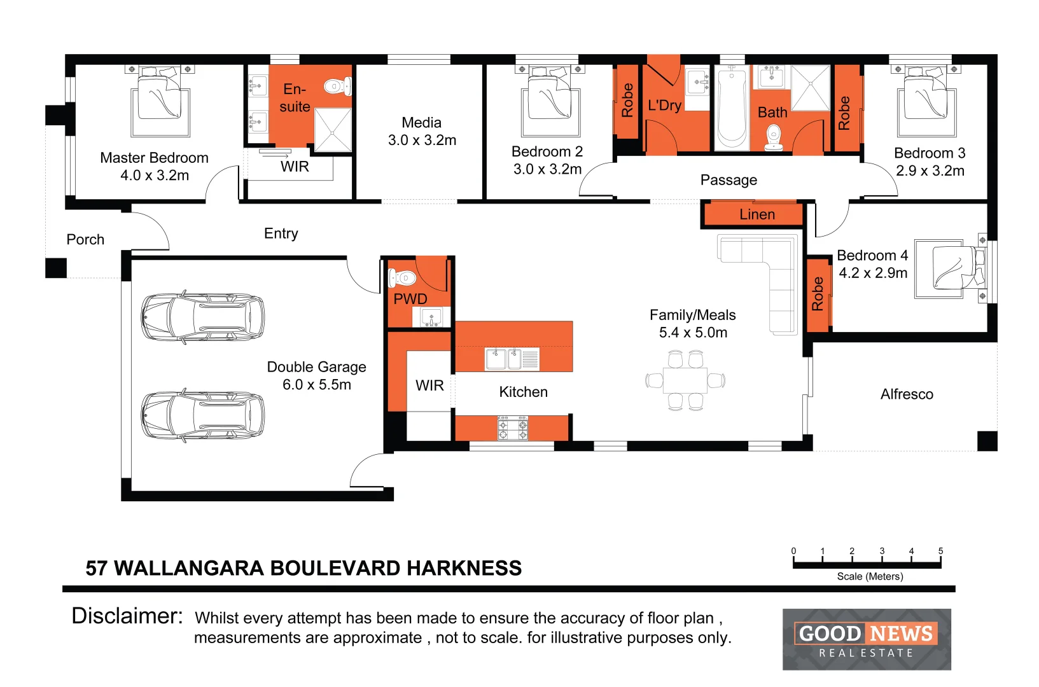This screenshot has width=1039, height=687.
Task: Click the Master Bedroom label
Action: tap(154, 158)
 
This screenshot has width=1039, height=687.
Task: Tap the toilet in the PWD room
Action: tap(402, 278)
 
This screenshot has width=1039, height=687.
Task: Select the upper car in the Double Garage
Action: tap(202, 317)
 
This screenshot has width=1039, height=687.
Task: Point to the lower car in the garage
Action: tap(202, 415)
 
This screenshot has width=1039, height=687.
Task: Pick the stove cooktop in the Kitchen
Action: tap(512, 428)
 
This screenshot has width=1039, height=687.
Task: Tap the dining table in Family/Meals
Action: tap(685, 381)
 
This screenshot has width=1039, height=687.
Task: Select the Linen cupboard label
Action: tap(757, 215)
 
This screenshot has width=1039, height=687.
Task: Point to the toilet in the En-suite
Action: tap(337, 86)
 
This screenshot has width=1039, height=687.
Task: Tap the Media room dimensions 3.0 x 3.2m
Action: tap(422, 141)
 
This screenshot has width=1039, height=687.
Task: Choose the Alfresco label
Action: tap(907, 394)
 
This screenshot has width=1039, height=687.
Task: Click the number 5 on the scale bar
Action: tap(940, 551)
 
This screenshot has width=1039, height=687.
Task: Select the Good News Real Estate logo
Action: tap(866, 639)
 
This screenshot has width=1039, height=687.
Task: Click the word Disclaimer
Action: tap(127, 616)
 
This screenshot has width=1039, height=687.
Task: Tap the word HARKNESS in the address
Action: tap(464, 568)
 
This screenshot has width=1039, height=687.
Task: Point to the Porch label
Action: tap(85, 240)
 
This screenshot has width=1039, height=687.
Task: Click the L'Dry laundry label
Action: tap(664, 106)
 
